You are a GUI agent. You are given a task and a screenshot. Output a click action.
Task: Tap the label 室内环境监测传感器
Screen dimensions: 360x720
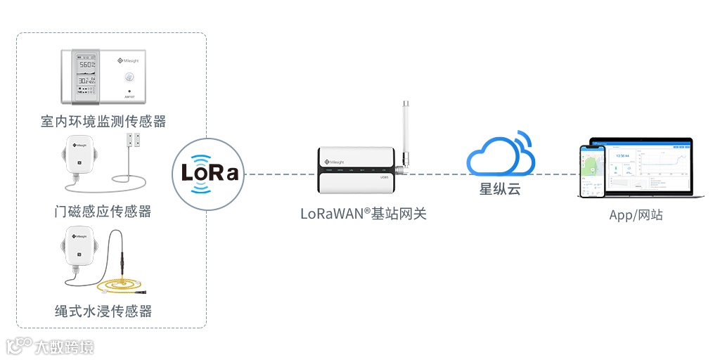pyautogui.click(x=103, y=122)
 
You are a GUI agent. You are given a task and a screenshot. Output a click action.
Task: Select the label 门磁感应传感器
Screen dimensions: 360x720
pyautogui.click(x=103, y=211)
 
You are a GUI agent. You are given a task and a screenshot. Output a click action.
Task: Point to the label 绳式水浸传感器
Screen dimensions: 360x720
pyautogui.click(x=103, y=311)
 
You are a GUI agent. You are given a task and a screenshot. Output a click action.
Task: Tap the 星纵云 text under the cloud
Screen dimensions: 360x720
pyautogui.click(x=500, y=188)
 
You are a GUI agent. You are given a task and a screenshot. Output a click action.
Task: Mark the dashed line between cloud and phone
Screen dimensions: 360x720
pyautogui.click(x=555, y=174)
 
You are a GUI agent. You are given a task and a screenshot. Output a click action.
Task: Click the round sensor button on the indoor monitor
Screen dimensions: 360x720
pyautogui.click(x=129, y=76)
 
